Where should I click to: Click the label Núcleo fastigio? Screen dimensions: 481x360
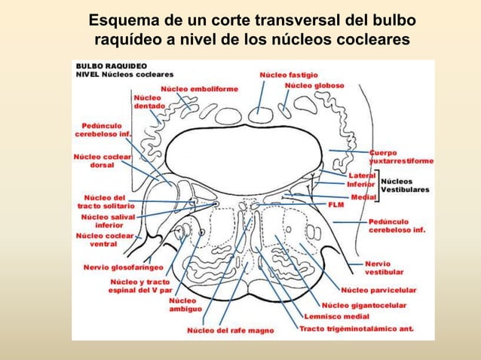[x=289, y=75]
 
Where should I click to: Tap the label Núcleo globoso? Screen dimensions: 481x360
[x=314, y=86]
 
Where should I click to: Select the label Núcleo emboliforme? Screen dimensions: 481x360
[x=199, y=89]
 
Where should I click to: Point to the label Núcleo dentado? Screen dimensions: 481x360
[x=149, y=102]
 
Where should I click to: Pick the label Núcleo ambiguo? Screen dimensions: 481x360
[x=182, y=305]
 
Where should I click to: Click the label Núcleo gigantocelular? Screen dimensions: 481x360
[x=364, y=305]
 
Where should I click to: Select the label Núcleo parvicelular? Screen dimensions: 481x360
[x=378, y=290]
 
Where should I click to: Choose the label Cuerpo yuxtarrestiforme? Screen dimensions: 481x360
[x=400, y=157]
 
